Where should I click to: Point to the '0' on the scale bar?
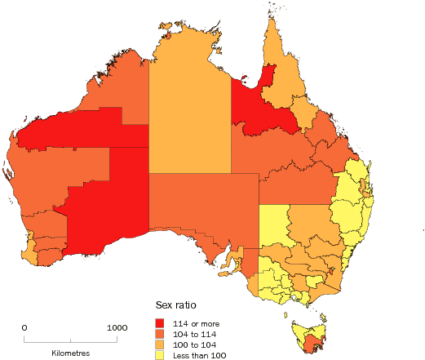pos(24,327)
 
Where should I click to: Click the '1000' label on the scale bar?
pos(117,327)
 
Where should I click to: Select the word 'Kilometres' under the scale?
pos(70,353)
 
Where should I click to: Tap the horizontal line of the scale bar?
pos(70,339)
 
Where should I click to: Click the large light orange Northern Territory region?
pos(189,106)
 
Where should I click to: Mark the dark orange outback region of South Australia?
pos(196,212)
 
